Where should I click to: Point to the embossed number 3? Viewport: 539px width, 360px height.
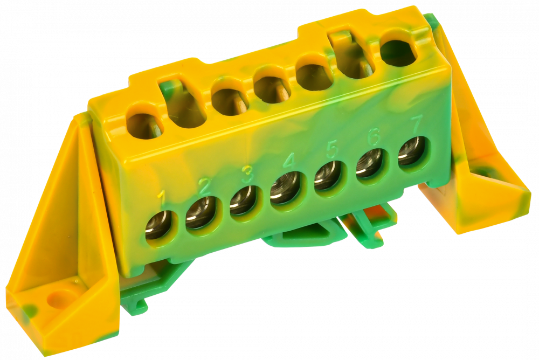click(x=247, y=174)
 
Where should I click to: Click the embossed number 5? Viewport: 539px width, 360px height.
click(x=331, y=150)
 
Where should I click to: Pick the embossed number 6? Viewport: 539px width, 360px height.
click(x=374, y=137)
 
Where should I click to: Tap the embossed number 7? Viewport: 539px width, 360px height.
click(x=417, y=124)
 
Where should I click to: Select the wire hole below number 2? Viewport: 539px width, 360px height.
click(x=200, y=213)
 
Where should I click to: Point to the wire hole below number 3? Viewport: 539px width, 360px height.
click(x=243, y=200)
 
